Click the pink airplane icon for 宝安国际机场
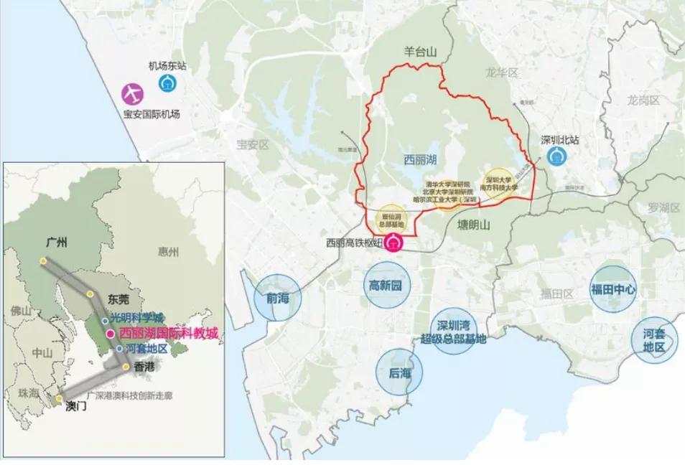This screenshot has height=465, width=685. [132, 93]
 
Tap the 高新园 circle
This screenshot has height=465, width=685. [386, 286]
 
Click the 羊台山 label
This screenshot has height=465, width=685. [417, 51]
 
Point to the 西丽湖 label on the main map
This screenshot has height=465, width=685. [410, 155]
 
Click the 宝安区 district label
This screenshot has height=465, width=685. [252, 145]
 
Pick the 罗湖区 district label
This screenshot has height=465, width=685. [663, 208]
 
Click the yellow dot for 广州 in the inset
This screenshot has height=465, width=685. [42, 261]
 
